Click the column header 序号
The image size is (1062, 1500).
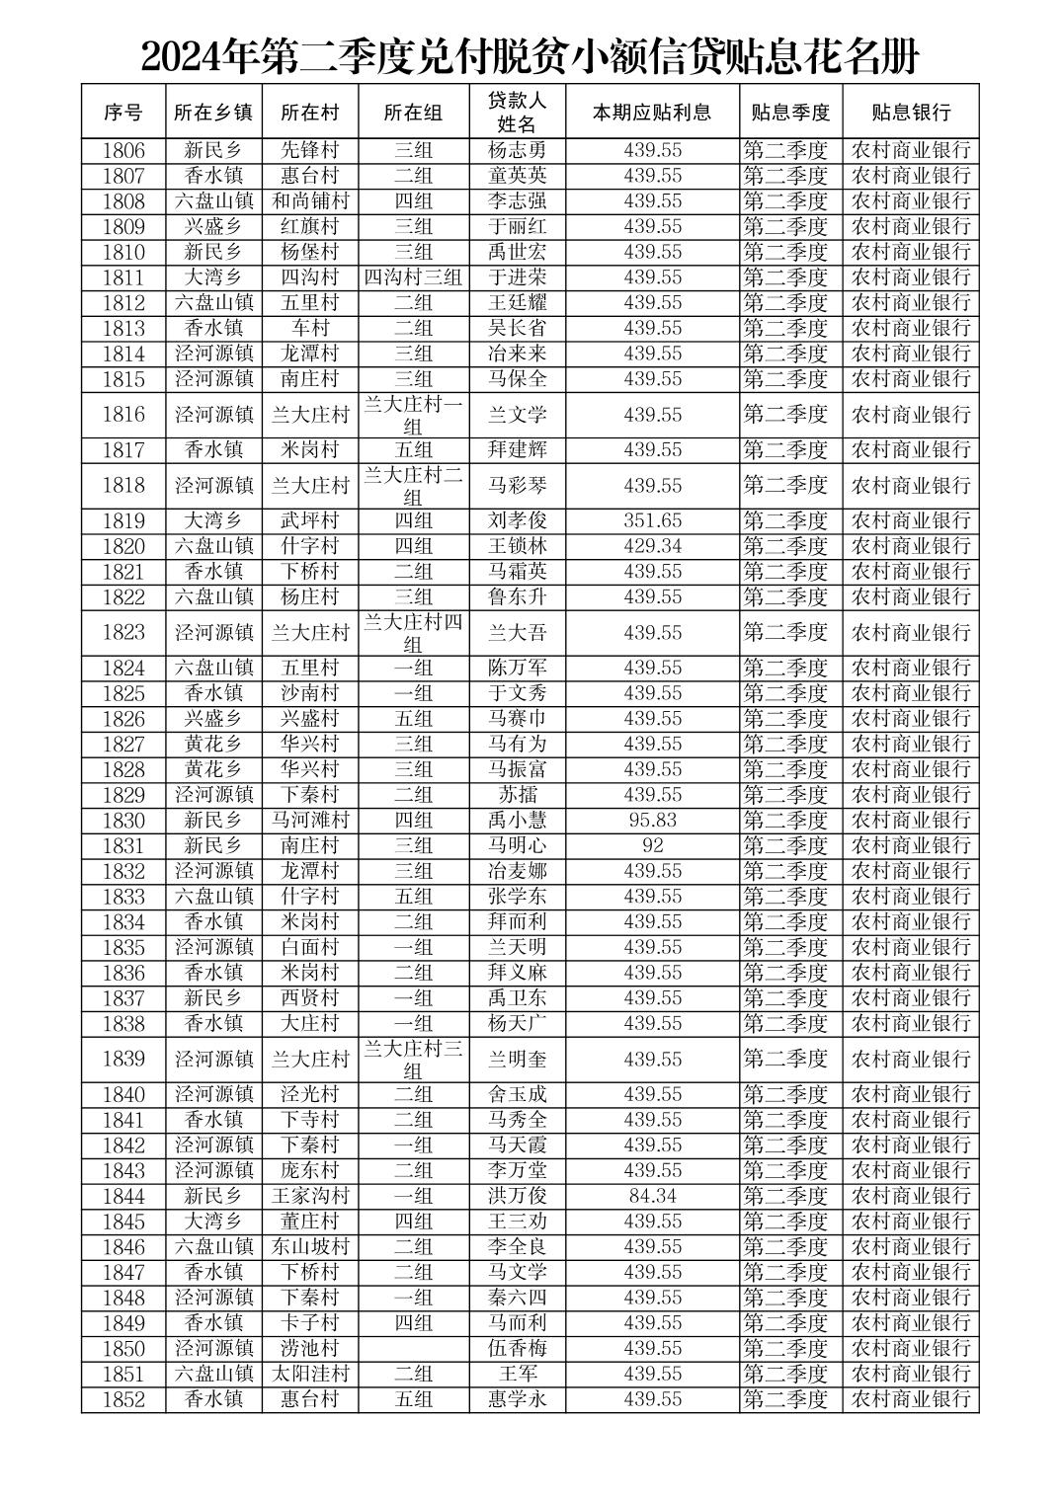coord(123,112)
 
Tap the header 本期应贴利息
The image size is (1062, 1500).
coord(652,112)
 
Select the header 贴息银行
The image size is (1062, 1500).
coord(910,112)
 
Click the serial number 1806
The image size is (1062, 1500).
coord(123,150)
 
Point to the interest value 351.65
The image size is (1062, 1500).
coord(652,520)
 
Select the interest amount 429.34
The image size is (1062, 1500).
coord(652,546)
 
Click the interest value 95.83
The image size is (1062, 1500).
coord(652,820)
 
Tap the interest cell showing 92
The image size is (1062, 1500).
coord(652,845)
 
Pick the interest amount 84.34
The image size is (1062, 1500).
coord(652,1196)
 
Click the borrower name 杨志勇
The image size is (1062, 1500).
coord(517,150)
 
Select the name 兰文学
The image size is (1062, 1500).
coord(517,415)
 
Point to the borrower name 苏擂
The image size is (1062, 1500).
coord(517,795)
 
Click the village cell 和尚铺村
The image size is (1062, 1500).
coord(310,201)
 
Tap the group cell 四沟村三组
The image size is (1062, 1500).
coord(413,277)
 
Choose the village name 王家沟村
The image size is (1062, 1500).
coord(310,1196)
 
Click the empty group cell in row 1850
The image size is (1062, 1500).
coord(413,1348)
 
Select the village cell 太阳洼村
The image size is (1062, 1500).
coord(310,1374)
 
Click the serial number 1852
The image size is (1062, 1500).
coord(123,1399)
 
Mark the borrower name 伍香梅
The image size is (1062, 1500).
coord(517,1348)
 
